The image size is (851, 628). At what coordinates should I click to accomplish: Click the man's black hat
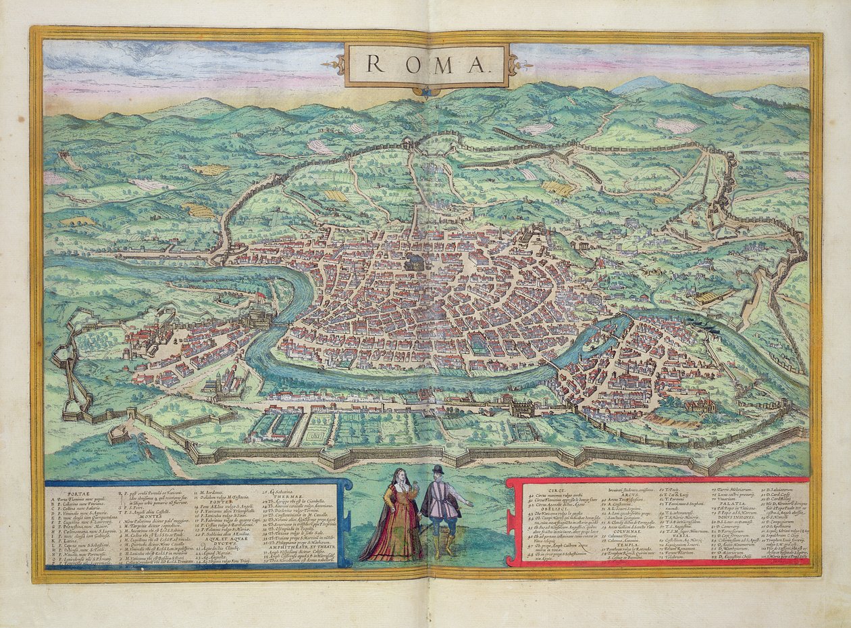pos(438,470)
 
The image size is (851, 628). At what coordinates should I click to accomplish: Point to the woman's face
pos(400,475)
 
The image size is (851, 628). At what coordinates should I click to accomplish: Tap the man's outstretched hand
pos(469,505)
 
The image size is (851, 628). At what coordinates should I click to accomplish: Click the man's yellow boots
pos(443,545)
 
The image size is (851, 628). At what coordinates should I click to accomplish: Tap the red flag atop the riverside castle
pos(259,295)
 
